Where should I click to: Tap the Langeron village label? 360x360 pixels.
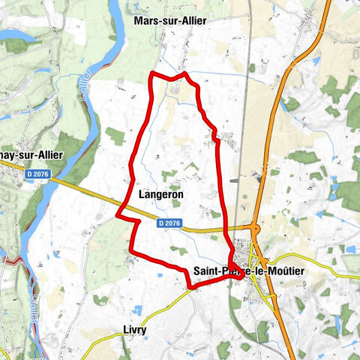click(161, 193)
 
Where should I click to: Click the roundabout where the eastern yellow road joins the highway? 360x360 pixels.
click(265, 262)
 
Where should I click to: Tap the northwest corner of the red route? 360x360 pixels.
click(152, 73)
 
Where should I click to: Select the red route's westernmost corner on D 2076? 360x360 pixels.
click(117, 214)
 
